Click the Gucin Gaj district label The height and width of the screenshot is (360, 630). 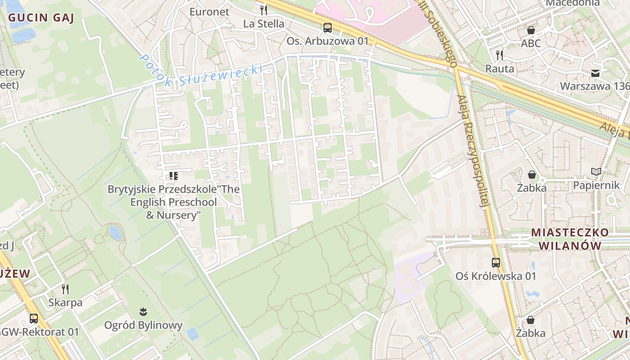tap(41, 18)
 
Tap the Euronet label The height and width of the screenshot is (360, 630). tap(209, 12)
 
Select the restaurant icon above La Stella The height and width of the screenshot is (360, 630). tap(264, 10)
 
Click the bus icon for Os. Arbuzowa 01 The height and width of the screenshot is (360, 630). tap(328, 28)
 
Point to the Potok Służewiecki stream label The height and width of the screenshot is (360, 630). tap(200, 72)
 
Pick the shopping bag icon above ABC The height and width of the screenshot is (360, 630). tap(531, 30)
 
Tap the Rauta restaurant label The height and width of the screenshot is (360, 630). tap(499, 69)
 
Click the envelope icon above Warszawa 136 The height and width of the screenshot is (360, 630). tap(595, 73)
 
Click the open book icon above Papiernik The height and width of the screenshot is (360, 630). tap(596, 172)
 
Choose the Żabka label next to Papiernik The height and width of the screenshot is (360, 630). tap(531, 188)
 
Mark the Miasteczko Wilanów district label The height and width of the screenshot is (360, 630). tap(570, 239)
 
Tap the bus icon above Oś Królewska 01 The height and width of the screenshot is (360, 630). tap(496, 263)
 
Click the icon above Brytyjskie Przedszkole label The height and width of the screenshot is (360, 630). tap(174, 176)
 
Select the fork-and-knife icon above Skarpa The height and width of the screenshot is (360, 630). tap(65, 289)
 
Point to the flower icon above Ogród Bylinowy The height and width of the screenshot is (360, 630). tap(143, 311)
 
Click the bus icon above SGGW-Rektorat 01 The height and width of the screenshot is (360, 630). tap(34, 319)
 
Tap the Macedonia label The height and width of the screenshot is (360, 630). tap(572, 3)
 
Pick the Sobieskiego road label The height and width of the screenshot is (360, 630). tap(439, 31)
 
